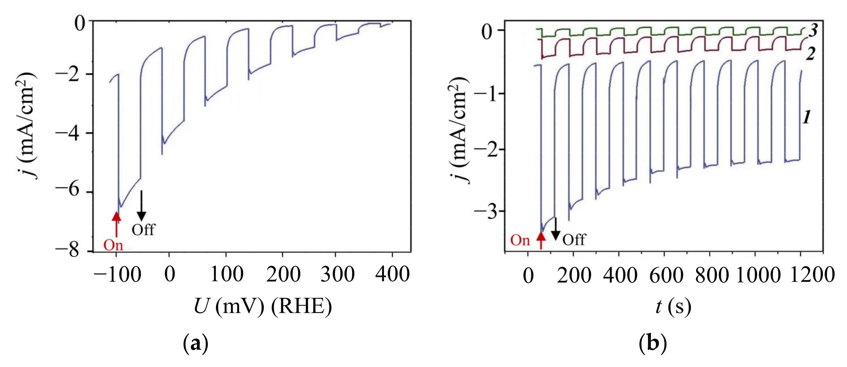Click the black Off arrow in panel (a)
141,206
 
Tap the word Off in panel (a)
143,230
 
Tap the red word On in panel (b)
520,240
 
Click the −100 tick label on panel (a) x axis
117,274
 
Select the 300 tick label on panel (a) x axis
337,274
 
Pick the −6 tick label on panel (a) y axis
67,190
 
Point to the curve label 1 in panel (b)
807,117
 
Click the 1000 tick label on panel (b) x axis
758,275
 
